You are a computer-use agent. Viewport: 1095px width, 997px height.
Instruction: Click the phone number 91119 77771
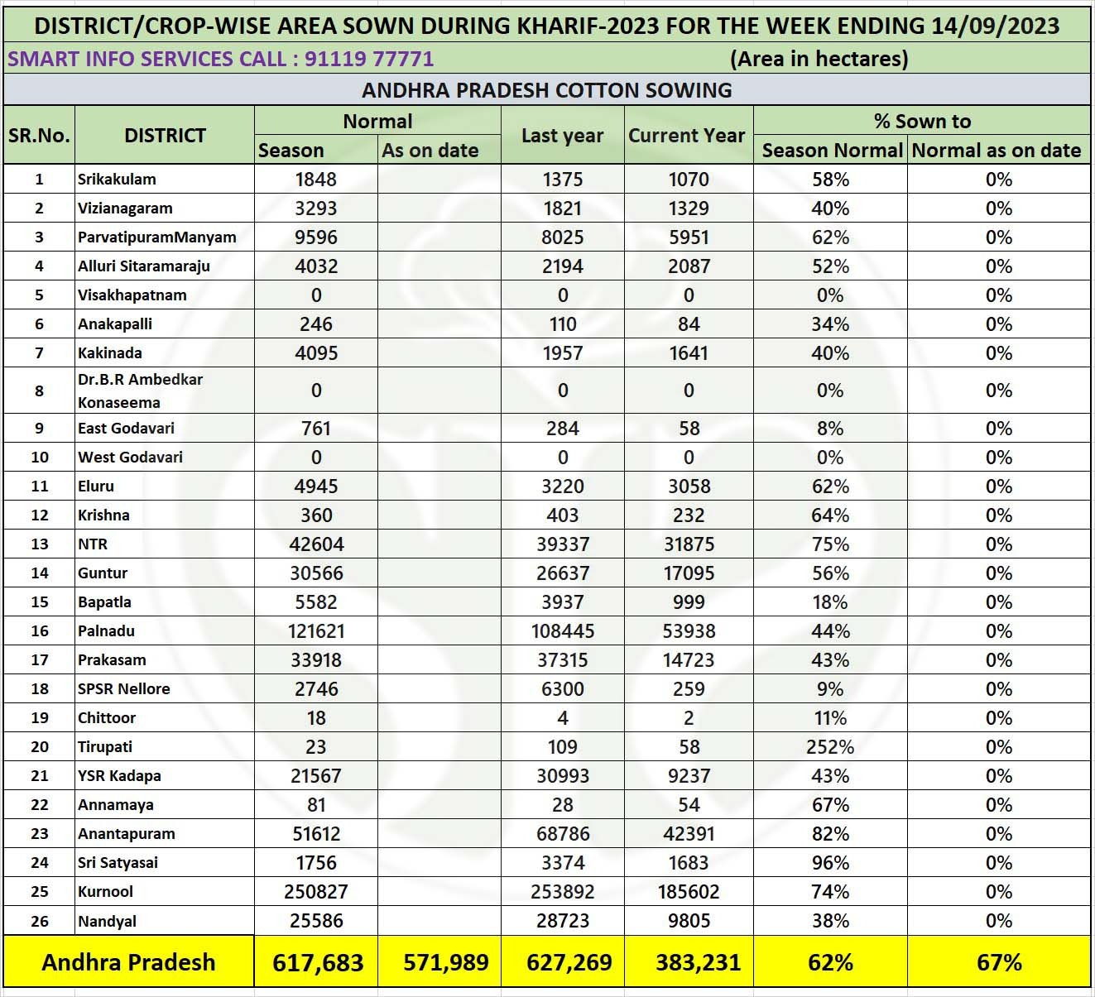369,59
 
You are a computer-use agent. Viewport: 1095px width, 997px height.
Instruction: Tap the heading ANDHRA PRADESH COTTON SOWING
547,90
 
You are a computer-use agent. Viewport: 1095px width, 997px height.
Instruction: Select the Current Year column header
687,136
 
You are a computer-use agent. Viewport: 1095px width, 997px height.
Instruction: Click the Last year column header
562,136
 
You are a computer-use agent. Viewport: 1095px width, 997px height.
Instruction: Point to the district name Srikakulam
117,180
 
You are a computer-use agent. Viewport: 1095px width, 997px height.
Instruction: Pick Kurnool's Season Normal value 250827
316,892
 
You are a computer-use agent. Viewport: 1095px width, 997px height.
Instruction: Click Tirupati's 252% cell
830,747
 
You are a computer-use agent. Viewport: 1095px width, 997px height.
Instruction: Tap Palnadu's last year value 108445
563,631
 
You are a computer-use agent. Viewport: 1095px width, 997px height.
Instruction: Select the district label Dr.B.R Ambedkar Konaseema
140,391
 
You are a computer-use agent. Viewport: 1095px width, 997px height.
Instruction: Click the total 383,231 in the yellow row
698,963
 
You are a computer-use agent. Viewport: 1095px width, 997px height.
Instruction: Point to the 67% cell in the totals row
999,963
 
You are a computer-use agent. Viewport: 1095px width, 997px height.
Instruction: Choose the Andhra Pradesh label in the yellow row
128,963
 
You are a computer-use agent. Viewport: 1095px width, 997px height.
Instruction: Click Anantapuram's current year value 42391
689,834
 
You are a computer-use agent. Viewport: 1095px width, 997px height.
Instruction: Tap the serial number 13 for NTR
39,544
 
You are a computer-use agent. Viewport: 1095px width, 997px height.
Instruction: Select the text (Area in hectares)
819,59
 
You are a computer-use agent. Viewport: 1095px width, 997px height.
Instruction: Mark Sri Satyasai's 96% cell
830,863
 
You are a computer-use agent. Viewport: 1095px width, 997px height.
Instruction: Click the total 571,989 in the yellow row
446,963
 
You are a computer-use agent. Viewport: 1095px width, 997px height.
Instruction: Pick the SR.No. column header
39,136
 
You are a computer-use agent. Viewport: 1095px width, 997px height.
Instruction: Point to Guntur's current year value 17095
689,573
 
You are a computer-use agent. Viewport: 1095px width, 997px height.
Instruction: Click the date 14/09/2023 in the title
995,26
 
